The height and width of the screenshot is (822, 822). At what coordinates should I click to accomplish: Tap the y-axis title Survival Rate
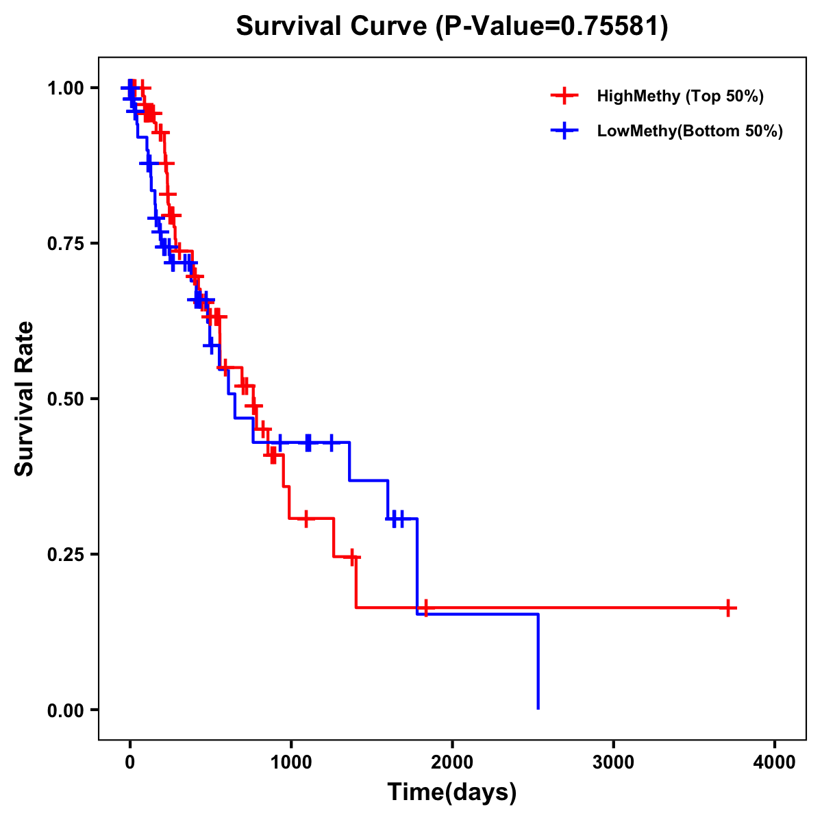point(25,398)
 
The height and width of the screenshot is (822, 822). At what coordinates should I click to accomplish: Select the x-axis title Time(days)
point(452,792)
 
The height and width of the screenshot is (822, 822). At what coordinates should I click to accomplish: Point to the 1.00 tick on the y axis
point(65,88)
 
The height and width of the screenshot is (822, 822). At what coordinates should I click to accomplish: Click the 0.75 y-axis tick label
point(65,244)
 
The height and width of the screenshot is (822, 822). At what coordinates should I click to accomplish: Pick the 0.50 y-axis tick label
point(65,399)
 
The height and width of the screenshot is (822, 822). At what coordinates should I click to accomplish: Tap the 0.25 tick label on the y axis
point(65,555)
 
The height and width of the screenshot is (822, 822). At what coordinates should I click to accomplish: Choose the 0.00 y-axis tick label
point(65,710)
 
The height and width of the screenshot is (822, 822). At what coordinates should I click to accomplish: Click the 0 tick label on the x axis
point(129,762)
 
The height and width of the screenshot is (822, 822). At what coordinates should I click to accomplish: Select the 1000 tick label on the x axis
point(291,762)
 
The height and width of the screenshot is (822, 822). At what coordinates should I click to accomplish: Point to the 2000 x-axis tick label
point(452,762)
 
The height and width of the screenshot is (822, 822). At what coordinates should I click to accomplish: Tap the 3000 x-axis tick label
point(614,762)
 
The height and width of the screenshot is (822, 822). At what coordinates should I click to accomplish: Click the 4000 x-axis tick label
point(775,762)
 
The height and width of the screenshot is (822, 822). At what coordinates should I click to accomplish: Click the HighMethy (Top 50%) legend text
point(680,96)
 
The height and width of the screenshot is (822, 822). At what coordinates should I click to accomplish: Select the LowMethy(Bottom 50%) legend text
point(690,132)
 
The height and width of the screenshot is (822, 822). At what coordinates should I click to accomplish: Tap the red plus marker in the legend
point(563,96)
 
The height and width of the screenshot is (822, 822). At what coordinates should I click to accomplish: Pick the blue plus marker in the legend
point(563,132)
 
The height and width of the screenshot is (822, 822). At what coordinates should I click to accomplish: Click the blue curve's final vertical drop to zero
point(538,661)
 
